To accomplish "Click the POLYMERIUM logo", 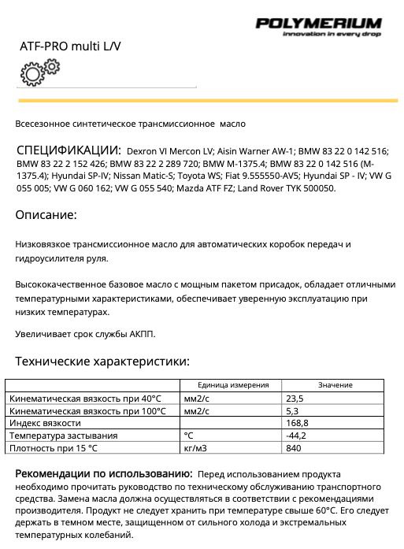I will tap(318, 23).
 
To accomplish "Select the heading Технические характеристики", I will tap(102, 362).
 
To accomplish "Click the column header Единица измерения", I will tap(233, 384).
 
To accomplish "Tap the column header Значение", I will tap(335, 384).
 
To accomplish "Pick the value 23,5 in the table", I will tap(295, 399).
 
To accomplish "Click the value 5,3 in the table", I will tap(291, 411).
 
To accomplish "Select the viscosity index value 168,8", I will tap(297, 423).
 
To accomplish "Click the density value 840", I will tap(293, 448).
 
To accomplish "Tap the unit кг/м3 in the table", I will tap(195, 448).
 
